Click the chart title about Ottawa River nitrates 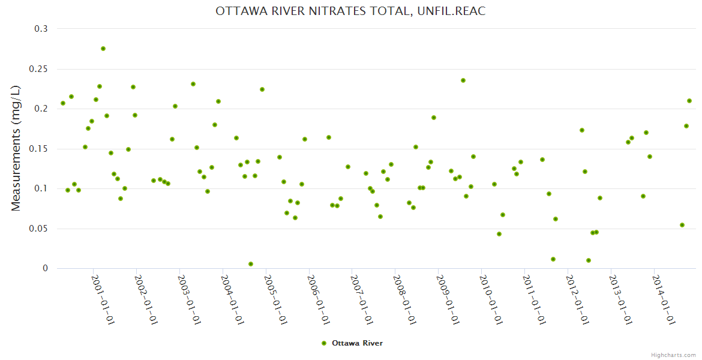point(350,11)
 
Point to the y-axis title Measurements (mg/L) point(16,148)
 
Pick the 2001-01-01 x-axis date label point(103,300)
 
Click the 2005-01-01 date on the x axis point(275,300)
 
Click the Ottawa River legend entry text point(357,343)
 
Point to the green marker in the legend point(324,343)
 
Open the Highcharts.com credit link point(673,355)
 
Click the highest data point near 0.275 point(103,49)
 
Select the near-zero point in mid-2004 point(251,264)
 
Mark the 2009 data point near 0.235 point(463,80)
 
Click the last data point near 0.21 point(689,101)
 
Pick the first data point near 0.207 point(63,103)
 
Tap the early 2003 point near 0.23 point(193,84)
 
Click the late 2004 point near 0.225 point(262,89)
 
